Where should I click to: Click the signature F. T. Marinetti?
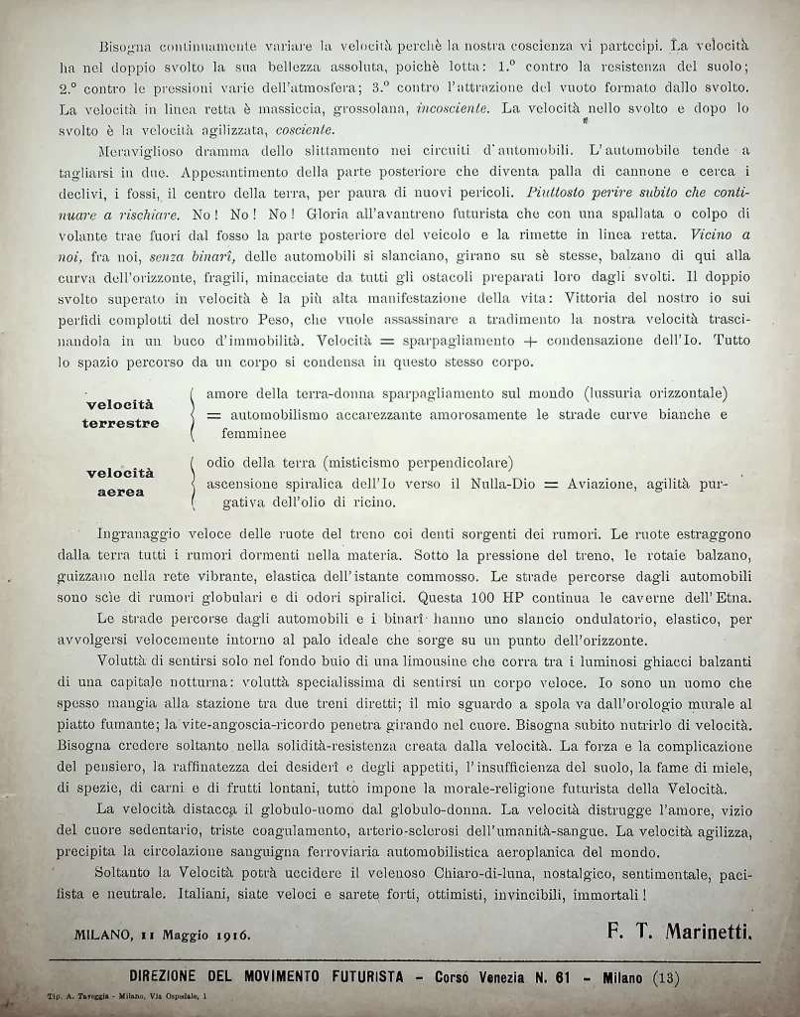(680, 933)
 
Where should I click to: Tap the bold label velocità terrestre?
(120, 414)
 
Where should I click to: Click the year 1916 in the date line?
(230, 935)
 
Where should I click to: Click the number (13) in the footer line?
(666, 976)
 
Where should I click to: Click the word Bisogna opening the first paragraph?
(127, 47)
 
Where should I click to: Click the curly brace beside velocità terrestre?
(192, 414)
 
